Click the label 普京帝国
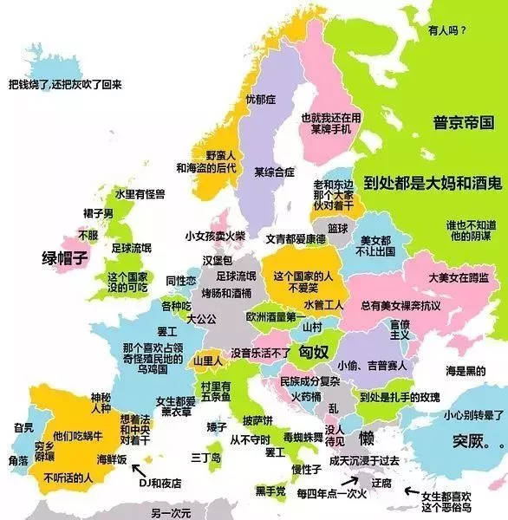coord(464,122)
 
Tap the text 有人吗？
coord(447,30)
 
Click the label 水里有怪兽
coord(141,193)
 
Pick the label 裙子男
coord(98,212)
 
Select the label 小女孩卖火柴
coord(214,236)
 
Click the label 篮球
coord(338,228)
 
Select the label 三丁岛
coord(205,456)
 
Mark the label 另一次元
coord(170,512)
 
